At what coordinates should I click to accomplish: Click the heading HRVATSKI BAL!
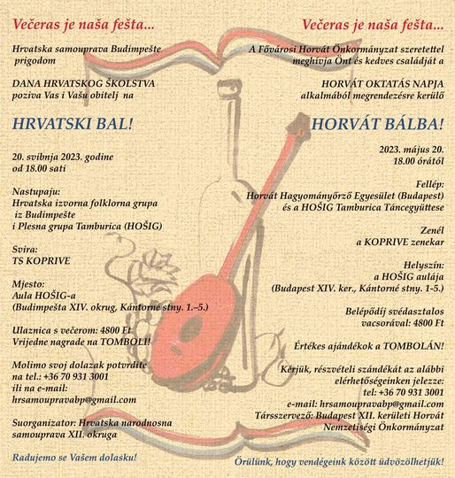[73, 124]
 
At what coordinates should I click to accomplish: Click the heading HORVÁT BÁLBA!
[377, 125]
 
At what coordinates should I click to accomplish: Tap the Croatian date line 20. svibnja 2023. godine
[63, 157]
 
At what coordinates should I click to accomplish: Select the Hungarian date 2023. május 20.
[412, 150]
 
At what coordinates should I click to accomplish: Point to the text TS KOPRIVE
[41, 261]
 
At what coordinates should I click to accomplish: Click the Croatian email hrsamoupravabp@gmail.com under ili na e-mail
[74, 400]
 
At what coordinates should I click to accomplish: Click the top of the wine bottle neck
[228, 87]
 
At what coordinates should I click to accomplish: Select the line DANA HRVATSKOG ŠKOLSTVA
[83, 83]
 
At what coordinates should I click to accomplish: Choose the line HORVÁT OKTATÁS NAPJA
[382, 84]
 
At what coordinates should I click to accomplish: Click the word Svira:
[25, 250]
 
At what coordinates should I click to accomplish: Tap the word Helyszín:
[424, 266]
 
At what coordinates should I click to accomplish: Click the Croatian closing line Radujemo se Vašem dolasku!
[74, 458]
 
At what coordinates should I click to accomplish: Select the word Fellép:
[430, 184]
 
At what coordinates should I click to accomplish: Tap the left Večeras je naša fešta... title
[83, 25]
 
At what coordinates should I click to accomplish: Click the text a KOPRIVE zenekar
[400, 242]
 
